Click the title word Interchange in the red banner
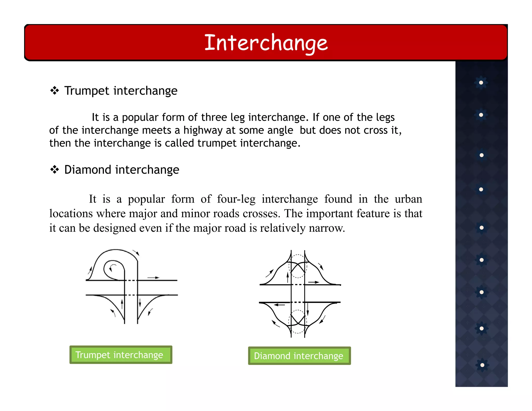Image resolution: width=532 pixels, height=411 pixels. [x=266, y=43]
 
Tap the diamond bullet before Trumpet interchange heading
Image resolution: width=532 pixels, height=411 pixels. [x=55, y=91]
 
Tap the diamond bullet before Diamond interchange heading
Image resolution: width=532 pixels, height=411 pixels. [x=55, y=170]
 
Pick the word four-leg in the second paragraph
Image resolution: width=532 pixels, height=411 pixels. [x=236, y=199]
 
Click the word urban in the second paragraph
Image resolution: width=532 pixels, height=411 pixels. [x=408, y=199]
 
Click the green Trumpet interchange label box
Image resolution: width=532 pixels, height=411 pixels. [x=121, y=355]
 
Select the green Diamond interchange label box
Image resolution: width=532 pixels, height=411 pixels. [x=299, y=356]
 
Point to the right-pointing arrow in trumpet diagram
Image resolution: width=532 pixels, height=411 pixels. [x=153, y=278]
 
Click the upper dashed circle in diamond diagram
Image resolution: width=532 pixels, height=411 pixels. [x=298, y=266]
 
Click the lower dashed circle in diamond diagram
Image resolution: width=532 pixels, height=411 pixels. [x=298, y=322]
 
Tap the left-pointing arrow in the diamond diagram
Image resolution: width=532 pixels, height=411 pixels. [x=280, y=305]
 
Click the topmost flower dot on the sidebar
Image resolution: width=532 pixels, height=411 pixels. [x=481, y=83]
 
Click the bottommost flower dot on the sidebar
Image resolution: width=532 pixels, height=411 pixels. [x=482, y=365]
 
